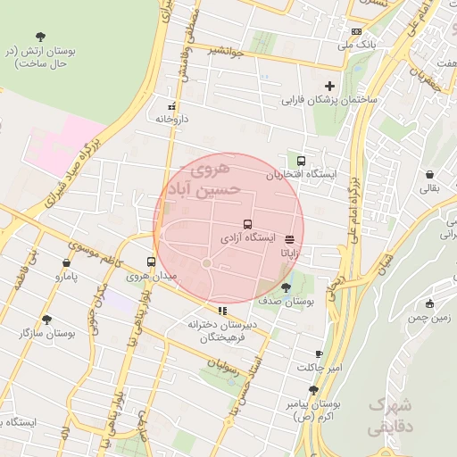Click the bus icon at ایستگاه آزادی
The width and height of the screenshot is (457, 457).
[246, 225]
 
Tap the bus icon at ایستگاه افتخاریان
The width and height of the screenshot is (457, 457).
[302, 162]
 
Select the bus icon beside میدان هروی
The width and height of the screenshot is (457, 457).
[150, 262]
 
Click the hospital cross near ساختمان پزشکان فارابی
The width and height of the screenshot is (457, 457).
[330, 87]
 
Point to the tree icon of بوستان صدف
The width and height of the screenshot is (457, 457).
[286, 287]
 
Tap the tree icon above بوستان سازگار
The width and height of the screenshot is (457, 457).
[46, 319]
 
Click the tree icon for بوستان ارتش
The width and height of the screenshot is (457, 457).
[40, 37]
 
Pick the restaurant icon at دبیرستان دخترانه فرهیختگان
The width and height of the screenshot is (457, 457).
[222, 311]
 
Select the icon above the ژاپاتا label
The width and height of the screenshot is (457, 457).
[289, 239]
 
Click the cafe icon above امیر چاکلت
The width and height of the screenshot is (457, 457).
[320, 354]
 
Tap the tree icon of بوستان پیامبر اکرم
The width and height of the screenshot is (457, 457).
[313, 389]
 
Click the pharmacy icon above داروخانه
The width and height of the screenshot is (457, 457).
[172, 104]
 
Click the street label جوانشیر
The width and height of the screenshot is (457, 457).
[229, 50]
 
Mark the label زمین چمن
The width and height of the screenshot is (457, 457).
[428, 318]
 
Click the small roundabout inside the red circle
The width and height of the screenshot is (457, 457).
[206, 262]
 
